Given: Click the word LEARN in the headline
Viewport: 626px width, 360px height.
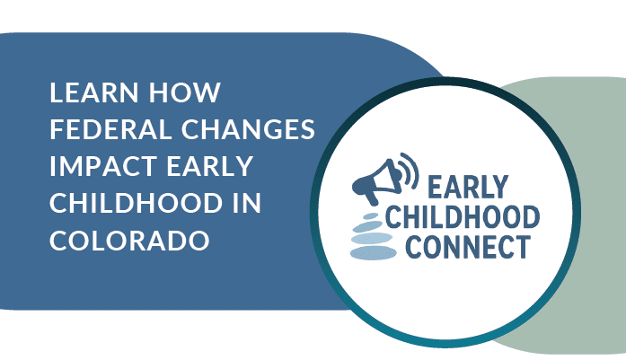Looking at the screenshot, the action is pos(93,92).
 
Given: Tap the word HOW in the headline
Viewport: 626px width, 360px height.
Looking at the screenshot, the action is pos(184,92).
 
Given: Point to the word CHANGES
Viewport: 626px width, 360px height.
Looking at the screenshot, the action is pos(248,129).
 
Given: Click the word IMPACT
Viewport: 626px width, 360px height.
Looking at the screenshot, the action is pos(103,166).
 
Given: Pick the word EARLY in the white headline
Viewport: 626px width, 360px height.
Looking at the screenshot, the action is pos(209,166).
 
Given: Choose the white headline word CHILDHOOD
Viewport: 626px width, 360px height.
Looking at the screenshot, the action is pos(137,203).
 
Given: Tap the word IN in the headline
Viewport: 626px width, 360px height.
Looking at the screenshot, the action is pos(247,203).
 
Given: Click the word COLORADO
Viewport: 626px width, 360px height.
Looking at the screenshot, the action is pos(129,241).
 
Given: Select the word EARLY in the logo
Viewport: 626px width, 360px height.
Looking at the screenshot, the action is pos(468,187).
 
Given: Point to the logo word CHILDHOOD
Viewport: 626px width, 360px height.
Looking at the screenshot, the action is pos(463,216).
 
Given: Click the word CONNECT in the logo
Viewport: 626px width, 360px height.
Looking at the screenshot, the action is pos(468,247).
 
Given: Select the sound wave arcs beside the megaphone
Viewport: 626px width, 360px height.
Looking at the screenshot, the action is pos(410,170).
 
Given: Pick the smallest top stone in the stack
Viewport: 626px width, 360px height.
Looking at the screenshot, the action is pos(371,216).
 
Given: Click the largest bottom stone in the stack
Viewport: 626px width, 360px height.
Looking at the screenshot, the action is pos(374,253).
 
